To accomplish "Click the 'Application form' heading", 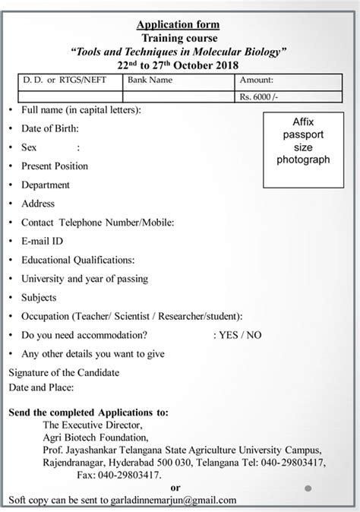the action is pos(179,24).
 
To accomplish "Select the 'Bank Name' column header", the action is pos(150,79).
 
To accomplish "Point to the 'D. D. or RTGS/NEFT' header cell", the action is pos(57,79).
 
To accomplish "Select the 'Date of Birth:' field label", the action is pos(49,129).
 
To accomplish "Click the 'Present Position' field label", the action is pos(55,166).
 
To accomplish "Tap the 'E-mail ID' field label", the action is pos(43,240).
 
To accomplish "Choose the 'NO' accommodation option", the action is pos(254,334).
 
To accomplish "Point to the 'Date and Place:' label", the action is pos(40,387).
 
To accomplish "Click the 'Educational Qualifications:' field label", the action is pos(78,259).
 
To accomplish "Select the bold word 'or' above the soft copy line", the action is pos(176,487).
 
